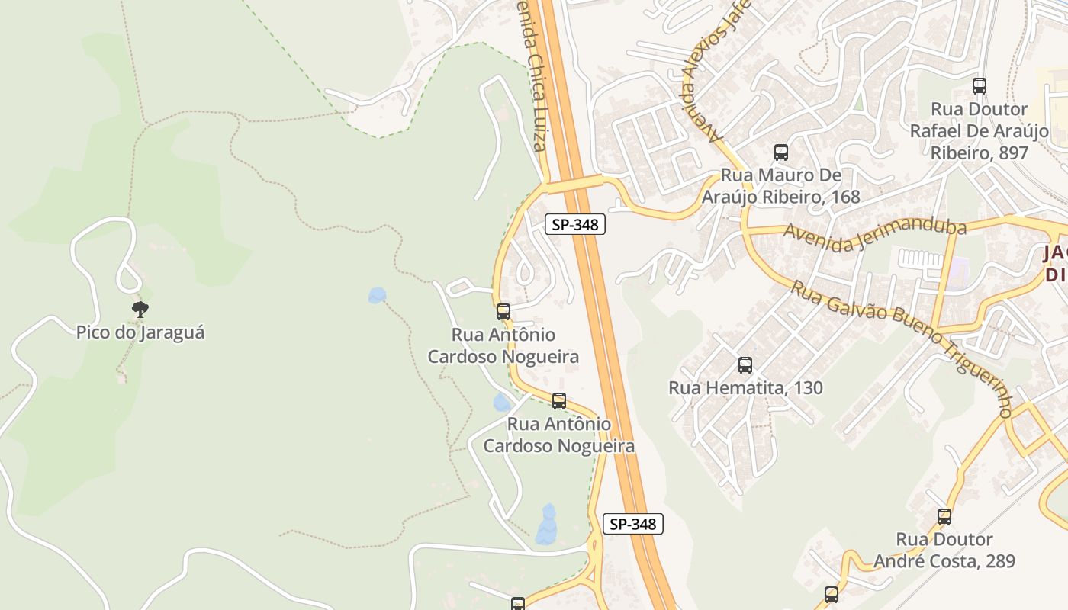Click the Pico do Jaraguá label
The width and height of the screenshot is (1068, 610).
coord(140,332)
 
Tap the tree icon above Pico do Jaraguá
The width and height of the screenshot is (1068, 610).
coord(140,309)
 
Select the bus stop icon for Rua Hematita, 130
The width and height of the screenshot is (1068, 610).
coord(745,365)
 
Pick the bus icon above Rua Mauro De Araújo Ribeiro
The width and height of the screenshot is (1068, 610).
coord(780,152)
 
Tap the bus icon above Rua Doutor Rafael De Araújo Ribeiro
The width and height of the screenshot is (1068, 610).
coord(980,86)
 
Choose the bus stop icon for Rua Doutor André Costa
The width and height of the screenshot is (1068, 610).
coord(944,517)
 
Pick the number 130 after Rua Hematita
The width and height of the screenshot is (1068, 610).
coord(806,387)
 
